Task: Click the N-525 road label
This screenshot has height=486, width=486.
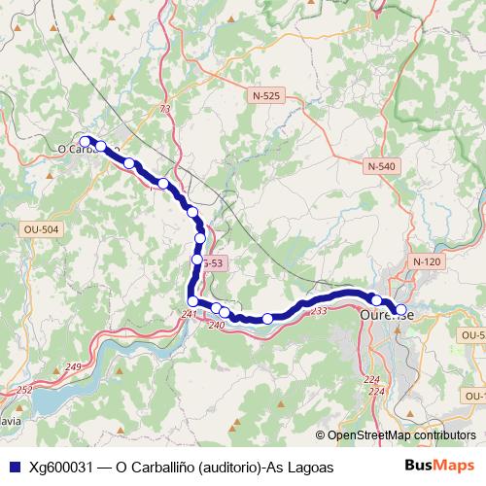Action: click(x=265, y=96)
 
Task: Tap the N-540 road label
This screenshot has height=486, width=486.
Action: click(x=382, y=166)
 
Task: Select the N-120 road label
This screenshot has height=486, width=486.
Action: click(x=426, y=261)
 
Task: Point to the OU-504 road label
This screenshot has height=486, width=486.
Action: click(x=40, y=229)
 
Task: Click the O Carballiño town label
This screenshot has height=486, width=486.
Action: click(x=82, y=150)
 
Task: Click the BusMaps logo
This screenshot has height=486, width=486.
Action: click(x=438, y=467)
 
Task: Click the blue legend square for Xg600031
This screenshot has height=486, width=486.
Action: click(x=13, y=468)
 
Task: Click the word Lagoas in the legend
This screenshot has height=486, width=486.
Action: click(x=308, y=468)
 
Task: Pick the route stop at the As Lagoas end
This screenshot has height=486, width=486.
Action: click(x=400, y=310)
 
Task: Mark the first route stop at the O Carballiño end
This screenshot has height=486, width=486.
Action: click(x=85, y=141)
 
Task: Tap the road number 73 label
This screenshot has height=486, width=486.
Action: click(x=165, y=108)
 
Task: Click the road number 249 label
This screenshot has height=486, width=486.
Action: click(x=74, y=366)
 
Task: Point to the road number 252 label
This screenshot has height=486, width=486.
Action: click(x=25, y=389)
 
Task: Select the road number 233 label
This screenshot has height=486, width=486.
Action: click(x=319, y=310)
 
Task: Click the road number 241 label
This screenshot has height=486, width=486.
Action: click(x=189, y=313)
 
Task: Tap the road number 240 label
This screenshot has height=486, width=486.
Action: click(x=216, y=325)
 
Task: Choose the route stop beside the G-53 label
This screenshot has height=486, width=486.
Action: click(x=196, y=260)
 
